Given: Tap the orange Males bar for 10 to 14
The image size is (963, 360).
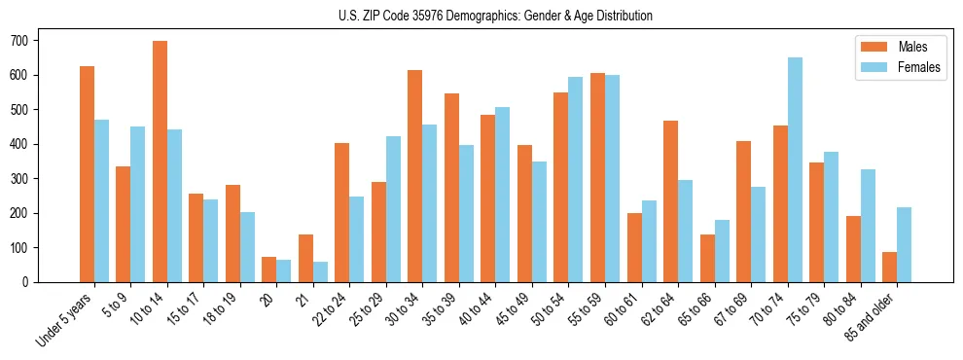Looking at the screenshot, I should click(x=160, y=162).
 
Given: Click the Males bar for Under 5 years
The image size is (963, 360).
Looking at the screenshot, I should click(x=87, y=174).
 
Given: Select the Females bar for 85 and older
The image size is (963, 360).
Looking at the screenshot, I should click(x=904, y=245).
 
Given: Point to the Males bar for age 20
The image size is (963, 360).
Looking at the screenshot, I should click(x=269, y=270).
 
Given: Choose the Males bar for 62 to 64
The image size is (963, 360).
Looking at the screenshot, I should click(x=670, y=201).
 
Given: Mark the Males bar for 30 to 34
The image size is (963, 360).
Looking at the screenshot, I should click(x=415, y=176).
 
